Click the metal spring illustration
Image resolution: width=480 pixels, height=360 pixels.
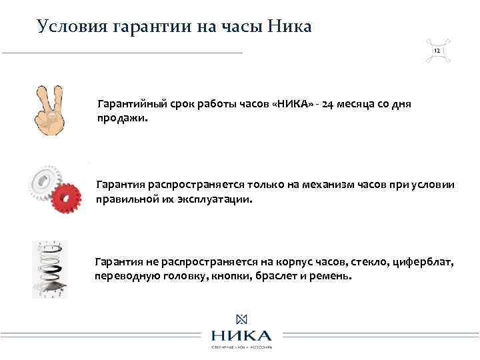tap(49, 269)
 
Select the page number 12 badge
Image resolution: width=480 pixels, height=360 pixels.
tap(437, 51)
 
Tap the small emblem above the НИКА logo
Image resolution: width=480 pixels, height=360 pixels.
tap(241, 319)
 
